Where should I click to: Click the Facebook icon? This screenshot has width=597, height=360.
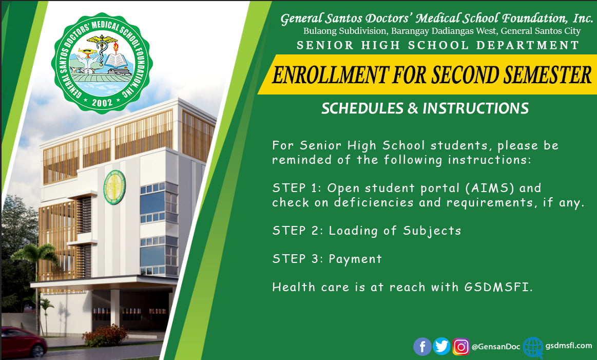[x=422, y=347]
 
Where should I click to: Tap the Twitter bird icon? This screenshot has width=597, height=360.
[x=441, y=347]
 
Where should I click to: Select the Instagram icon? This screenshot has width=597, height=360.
[x=460, y=347]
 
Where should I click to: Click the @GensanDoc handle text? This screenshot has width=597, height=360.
[x=496, y=347]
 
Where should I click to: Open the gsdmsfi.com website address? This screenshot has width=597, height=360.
[x=568, y=346]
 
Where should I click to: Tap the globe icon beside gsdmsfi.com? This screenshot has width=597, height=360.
[x=533, y=347]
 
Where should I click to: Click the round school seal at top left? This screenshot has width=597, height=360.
[x=102, y=63]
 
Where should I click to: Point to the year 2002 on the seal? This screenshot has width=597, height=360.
[x=102, y=102]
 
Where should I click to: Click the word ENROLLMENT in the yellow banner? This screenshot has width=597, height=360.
[x=330, y=74]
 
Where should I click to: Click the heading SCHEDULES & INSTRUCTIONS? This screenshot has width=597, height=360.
[x=425, y=108]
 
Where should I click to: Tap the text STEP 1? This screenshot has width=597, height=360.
[x=294, y=188]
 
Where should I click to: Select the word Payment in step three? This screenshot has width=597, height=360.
[x=355, y=259]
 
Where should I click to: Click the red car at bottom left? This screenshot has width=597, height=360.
[x=23, y=342]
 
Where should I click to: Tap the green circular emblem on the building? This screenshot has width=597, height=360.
[x=114, y=187]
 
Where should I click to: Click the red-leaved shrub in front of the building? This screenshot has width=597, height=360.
[x=105, y=335]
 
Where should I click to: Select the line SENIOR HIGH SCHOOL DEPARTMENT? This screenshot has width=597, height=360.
[x=437, y=45]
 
